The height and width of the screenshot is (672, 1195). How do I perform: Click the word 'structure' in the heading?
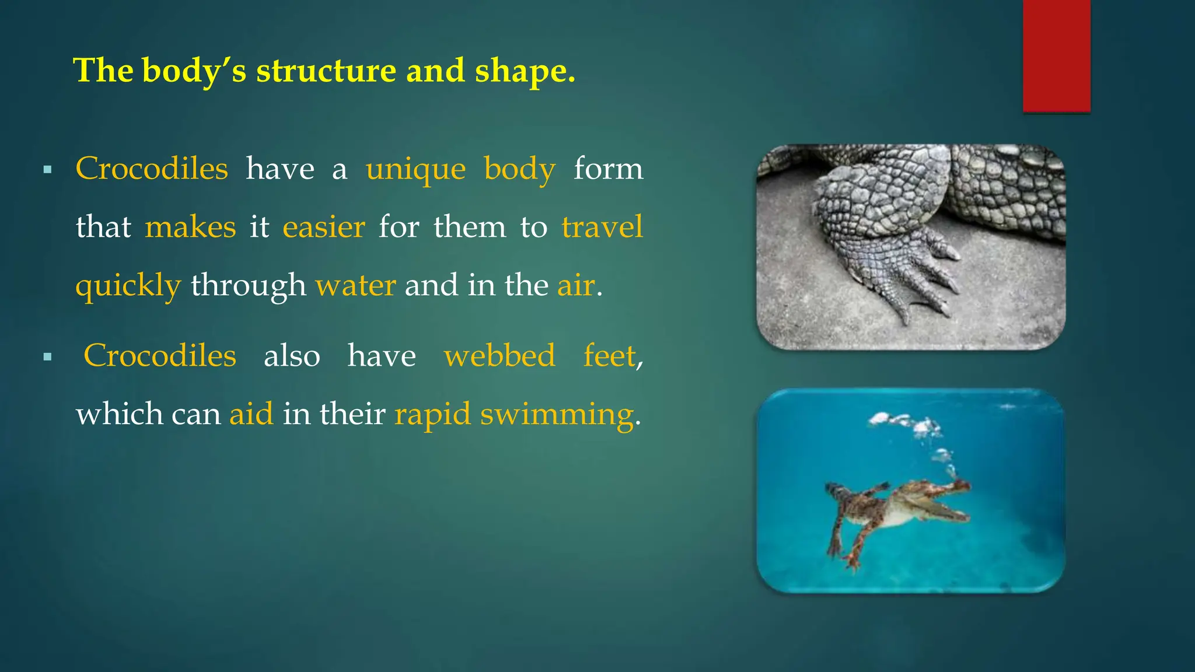[326, 71]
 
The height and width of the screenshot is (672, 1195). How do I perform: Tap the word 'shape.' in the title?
[525, 71]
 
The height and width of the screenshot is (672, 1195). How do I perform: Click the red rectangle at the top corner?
[1056, 55]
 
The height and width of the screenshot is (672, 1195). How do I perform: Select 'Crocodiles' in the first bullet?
[152, 169]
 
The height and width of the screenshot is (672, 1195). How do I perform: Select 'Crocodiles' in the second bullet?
[160, 356]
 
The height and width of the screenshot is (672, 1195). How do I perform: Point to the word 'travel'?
[602, 227]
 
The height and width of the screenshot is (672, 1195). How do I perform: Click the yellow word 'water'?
[355, 286]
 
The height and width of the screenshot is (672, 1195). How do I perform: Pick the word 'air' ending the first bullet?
[575, 286]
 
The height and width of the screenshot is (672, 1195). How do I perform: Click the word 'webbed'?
[499, 356]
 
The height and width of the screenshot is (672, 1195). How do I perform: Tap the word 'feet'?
[609, 356]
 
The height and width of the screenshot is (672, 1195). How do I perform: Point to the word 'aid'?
[251, 414]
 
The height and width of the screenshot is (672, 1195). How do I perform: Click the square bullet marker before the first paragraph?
[48, 170]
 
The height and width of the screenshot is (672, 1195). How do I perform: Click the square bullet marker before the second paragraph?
[48, 357]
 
